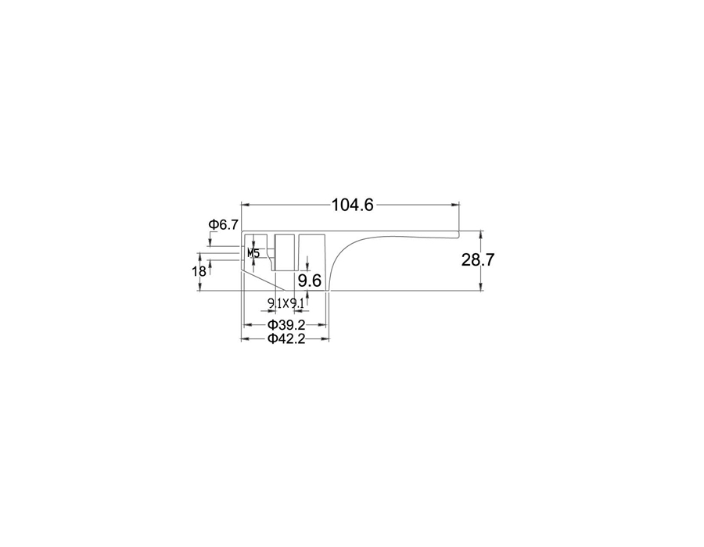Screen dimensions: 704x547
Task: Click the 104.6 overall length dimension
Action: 353,205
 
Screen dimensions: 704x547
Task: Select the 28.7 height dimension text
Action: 478,259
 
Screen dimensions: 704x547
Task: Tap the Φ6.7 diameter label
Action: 224,224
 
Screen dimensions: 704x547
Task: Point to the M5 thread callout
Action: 253,253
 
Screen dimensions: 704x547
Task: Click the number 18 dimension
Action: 199,271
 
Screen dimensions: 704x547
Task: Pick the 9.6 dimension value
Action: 310,281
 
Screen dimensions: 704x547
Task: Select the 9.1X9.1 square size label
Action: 286,303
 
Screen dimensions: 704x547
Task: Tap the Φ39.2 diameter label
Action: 286,324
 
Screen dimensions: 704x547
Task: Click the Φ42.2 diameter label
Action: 286,338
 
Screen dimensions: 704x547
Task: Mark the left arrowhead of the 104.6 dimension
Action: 245,205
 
